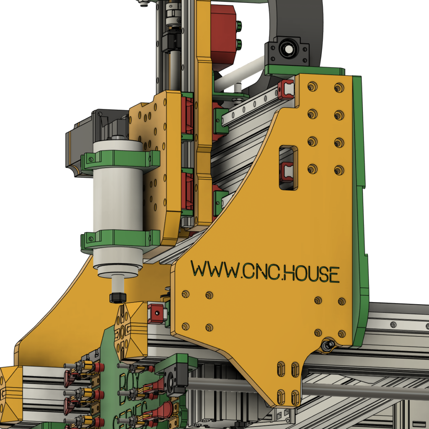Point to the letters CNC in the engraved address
pyautogui.click(x=259, y=271)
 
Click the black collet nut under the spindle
pyautogui.click(x=118, y=297)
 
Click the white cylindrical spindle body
pyautogui.click(x=118, y=197)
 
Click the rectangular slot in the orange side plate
pyautogui.click(x=288, y=168)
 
